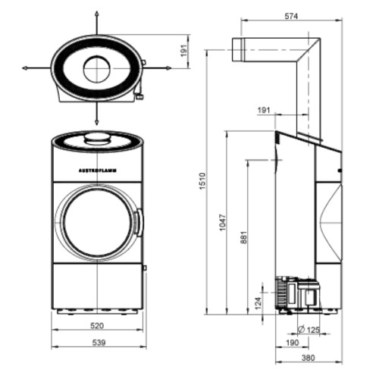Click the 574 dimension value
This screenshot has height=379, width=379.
tap(291, 16)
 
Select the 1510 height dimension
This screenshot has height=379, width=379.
tap(202, 181)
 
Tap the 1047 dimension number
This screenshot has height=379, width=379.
tap(223, 222)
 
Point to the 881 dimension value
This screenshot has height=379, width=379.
tap(243, 237)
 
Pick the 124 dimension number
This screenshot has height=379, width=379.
tap(258, 303)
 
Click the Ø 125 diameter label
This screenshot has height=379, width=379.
tap(309, 330)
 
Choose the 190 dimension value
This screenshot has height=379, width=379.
tap(293, 343)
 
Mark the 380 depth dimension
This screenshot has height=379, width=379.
tap(309, 358)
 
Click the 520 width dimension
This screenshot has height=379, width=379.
tap(97, 326)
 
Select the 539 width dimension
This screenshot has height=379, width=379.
tap(99, 343)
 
